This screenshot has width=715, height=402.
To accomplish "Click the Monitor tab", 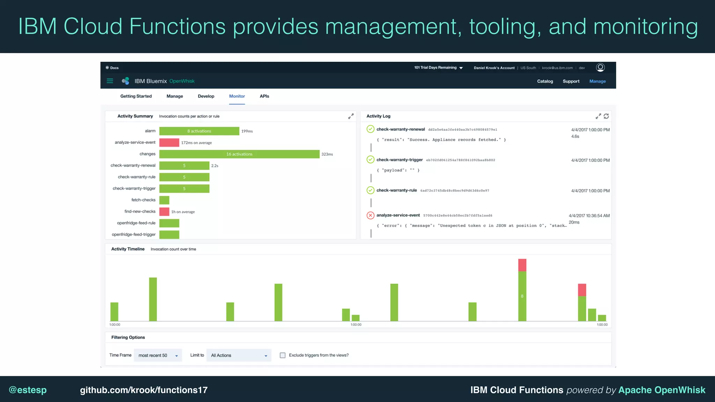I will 237,96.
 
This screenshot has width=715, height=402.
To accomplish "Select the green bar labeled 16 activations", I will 239,154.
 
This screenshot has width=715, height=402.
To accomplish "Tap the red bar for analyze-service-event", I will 169,143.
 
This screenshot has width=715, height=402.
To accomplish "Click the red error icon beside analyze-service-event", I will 370,215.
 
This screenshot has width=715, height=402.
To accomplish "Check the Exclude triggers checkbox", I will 282,355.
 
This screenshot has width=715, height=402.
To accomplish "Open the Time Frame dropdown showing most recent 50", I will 158,355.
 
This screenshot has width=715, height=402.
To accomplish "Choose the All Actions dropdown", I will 239,355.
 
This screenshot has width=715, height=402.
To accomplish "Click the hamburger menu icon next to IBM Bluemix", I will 110,81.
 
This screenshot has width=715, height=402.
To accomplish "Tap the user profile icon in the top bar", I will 600,68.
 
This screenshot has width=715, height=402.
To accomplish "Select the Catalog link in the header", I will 545,81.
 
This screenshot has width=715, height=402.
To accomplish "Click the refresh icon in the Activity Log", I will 606,116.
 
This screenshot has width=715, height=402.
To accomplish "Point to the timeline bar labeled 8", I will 522,296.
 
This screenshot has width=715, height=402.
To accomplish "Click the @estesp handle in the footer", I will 28,390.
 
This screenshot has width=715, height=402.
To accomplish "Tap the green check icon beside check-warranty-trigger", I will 370,160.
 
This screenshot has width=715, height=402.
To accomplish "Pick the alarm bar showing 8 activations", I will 199,131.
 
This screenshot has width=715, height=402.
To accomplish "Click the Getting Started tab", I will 136,96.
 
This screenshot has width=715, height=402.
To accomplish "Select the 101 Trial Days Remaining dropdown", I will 438,68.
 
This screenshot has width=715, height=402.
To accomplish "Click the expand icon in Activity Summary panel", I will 351,116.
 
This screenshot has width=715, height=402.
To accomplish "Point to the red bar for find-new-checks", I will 164,211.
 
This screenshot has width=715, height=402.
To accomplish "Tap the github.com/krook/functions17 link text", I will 143,390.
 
